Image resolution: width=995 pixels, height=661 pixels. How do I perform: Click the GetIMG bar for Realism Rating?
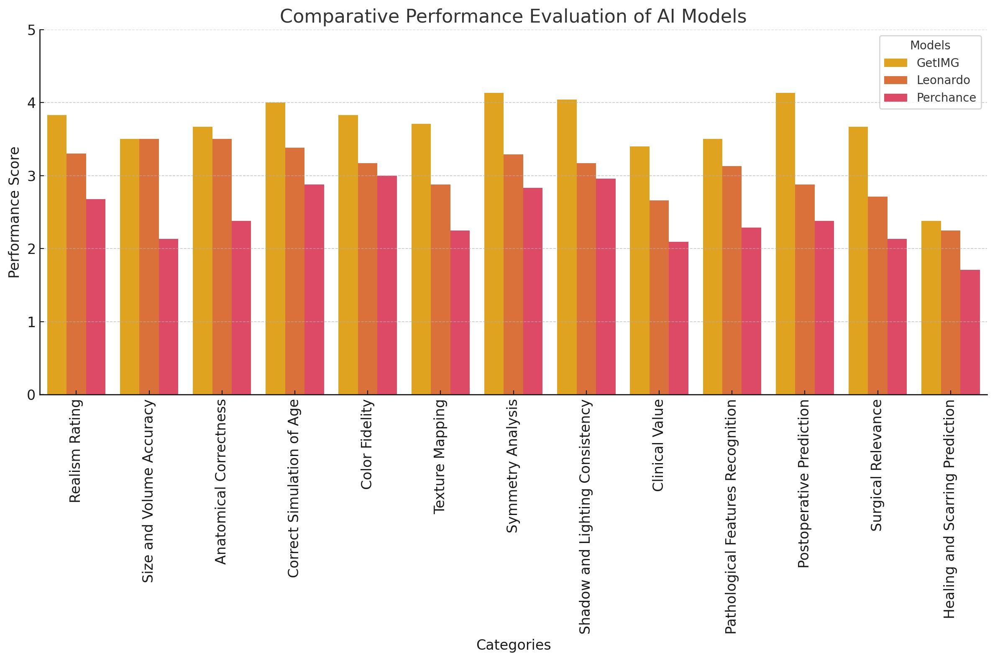(57, 255)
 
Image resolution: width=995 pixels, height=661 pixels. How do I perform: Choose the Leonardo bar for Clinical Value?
(659, 297)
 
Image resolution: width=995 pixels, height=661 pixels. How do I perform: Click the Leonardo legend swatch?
(895, 80)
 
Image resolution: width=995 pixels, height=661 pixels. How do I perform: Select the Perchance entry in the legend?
(946, 98)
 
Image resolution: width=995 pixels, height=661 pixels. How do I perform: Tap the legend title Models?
(930, 46)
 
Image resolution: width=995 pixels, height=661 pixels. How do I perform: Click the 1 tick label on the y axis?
(31, 322)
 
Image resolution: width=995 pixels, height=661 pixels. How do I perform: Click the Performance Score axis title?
(14, 213)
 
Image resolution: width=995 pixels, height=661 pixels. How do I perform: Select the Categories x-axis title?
(513, 645)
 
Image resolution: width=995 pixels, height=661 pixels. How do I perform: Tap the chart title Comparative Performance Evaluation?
(513, 17)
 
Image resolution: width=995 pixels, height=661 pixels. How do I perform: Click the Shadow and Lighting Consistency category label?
(585, 516)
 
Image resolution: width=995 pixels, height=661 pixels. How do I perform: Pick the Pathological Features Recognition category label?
(731, 516)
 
